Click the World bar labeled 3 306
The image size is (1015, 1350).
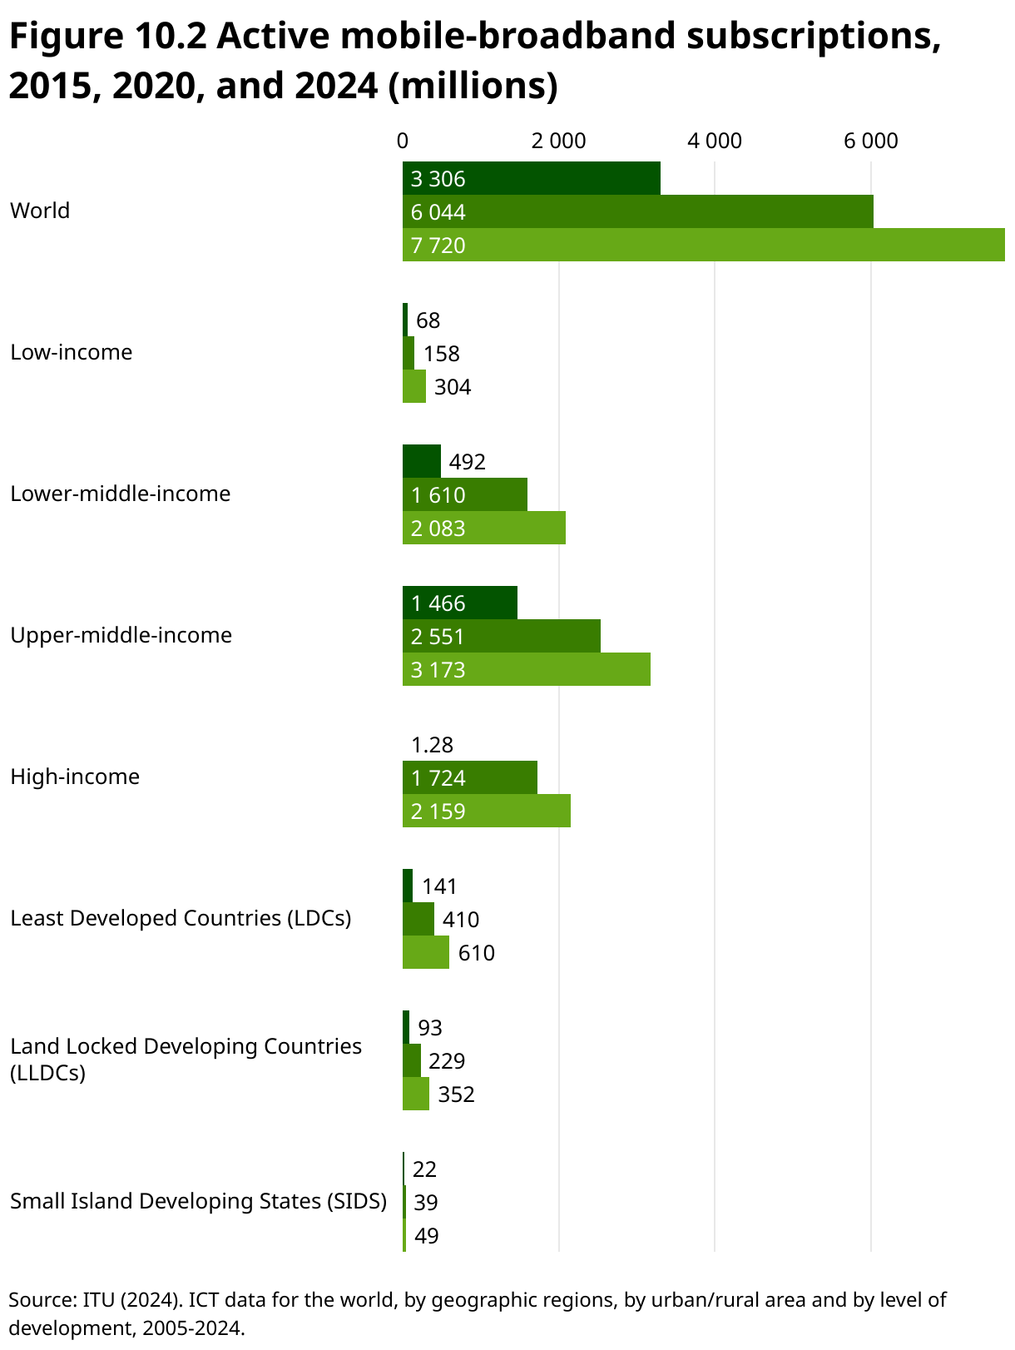(531, 178)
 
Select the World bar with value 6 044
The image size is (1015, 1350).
(637, 211)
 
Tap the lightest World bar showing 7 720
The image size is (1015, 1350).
(703, 245)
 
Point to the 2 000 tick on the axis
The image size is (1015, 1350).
(558, 141)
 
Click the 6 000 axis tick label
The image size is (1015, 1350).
(870, 141)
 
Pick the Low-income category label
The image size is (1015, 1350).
(71, 352)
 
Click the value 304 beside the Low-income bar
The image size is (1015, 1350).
(453, 387)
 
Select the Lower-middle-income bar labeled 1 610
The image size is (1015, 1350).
(464, 494)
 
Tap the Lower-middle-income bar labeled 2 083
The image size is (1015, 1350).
(483, 528)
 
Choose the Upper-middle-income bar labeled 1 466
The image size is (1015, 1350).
(459, 603)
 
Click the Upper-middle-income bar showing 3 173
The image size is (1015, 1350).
(526, 669)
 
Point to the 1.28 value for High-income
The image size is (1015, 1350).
(432, 745)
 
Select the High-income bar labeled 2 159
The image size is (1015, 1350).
(486, 811)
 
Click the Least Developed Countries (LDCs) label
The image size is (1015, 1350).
(181, 918)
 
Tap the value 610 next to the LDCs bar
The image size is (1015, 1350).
(476, 953)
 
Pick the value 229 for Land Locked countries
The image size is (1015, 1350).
(447, 1061)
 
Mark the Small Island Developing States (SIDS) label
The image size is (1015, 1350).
(198, 1201)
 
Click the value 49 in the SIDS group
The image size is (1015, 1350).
(426, 1236)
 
